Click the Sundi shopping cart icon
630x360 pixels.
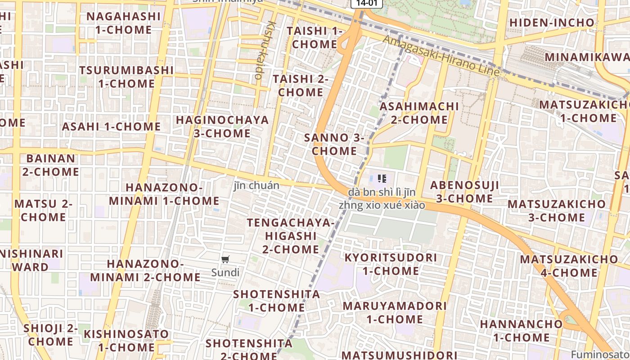(225, 259)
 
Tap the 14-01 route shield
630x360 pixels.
(366, 3)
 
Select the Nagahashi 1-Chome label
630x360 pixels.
(123, 23)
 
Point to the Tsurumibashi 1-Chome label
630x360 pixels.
(126, 77)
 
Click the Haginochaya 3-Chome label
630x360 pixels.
(222, 126)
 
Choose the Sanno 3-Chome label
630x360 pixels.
(334, 144)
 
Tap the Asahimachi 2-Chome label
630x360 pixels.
(419, 113)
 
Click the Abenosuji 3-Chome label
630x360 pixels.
(464, 192)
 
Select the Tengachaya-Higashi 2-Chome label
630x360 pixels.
(291, 236)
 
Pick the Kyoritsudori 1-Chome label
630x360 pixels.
(391, 264)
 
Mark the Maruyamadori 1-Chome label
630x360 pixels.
(395, 312)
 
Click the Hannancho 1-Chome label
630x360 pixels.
(521, 330)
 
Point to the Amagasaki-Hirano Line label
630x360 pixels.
(441, 56)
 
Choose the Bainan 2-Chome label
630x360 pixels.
(51, 165)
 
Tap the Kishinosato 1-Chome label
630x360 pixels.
(126, 340)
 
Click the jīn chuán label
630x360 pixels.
(256, 185)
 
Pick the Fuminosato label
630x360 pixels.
(600, 354)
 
